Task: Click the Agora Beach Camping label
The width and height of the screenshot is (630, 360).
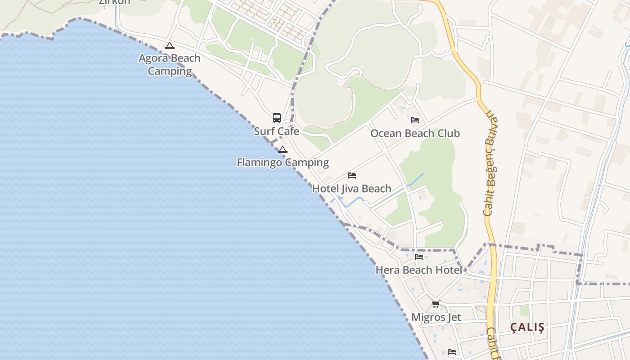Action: [170, 64]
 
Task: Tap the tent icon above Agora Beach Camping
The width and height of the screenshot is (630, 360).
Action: [169, 45]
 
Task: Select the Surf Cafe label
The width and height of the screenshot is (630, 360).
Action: [276, 131]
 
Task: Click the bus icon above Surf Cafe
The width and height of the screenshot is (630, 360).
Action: [277, 118]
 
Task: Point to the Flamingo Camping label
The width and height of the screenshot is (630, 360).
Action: [283, 162]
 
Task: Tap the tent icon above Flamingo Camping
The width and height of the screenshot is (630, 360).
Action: [283, 149]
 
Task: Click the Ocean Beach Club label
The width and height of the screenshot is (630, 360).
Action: [415, 133]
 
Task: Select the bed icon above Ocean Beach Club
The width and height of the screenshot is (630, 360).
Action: [415, 120]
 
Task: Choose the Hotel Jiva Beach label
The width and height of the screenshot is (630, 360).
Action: [351, 189]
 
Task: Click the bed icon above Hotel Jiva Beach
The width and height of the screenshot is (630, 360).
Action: [352, 175]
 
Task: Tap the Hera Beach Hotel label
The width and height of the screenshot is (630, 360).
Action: [419, 270]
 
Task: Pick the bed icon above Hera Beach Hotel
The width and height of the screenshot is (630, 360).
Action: [419, 256]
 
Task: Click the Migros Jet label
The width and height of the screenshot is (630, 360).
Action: [436, 317]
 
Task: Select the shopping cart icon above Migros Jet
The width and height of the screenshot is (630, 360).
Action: [436, 304]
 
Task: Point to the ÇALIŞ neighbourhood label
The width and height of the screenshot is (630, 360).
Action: [527, 328]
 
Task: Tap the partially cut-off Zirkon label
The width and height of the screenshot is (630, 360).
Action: [114, 2]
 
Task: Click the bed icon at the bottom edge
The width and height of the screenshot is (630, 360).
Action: [452, 351]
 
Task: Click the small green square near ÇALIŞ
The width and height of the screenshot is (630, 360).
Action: [525, 310]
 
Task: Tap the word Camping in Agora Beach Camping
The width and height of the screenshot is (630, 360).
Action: [170, 71]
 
